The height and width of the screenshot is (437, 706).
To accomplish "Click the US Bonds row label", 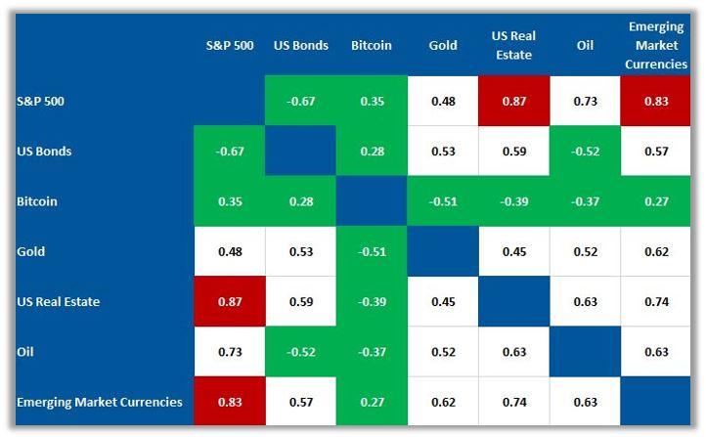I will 45,152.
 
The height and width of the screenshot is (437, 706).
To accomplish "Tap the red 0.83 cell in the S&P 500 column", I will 229,401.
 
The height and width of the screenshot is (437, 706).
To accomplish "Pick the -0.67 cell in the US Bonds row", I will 229,152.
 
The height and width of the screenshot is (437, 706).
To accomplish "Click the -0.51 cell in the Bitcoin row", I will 442,201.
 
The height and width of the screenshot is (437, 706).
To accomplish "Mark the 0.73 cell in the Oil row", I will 229,351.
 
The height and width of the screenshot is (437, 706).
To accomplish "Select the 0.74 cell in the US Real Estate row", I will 657,301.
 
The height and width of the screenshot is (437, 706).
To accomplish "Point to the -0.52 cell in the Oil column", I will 585,152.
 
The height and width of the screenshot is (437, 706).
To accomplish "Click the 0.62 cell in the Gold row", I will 657,251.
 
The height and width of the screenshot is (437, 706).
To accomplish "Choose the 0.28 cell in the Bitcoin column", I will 371,152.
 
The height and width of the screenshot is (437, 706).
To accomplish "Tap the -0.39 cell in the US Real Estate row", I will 371,301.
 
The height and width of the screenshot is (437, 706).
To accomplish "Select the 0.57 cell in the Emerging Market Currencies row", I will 300,401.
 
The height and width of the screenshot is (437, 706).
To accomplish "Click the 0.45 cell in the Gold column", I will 442,301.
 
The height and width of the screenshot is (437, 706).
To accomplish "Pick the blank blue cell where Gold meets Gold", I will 442,251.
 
